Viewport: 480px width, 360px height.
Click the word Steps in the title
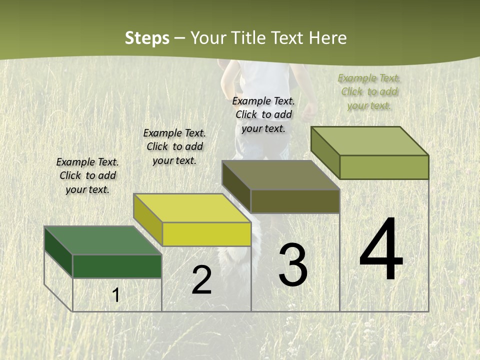(x=147, y=38)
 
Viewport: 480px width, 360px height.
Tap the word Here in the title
(x=327, y=38)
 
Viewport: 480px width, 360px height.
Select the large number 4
(x=381, y=250)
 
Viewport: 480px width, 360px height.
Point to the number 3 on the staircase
(x=292, y=265)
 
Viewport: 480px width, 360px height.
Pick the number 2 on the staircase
(x=201, y=280)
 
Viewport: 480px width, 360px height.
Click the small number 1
(x=116, y=295)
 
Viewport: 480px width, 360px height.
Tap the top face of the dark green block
(x=102, y=240)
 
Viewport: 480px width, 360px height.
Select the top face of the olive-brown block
(x=280, y=175)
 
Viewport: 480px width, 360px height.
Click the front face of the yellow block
(x=206, y=234)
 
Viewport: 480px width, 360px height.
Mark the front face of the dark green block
(x=117, y=266)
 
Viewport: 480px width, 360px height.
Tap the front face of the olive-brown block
(x=295, y=201)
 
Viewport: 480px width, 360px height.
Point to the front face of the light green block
(x=384, y=167)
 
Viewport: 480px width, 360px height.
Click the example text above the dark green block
(x=87, y=175)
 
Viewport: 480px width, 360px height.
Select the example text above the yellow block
(x=174, y=146)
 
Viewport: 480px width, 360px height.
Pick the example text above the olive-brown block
(x=263, y=114)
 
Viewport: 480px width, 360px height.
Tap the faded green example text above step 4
(x=369, y=91)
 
